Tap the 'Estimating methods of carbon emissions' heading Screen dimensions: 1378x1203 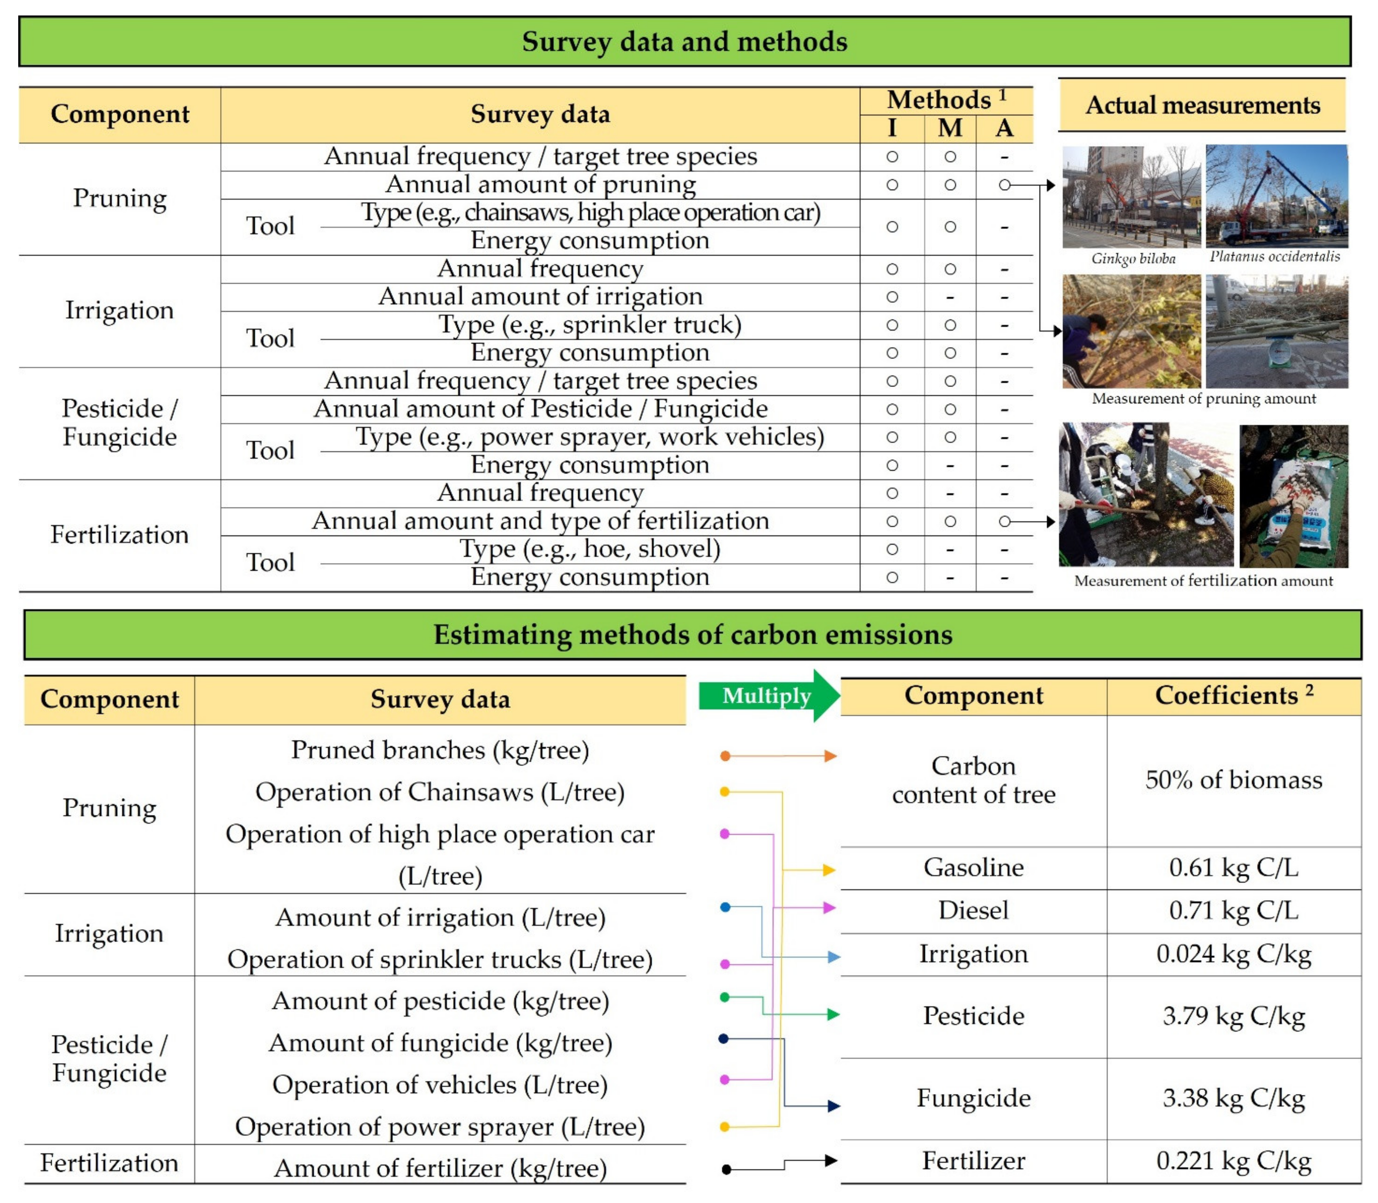point(692,634)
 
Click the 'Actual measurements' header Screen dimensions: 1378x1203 point(1202,106)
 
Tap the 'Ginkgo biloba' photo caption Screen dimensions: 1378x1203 point(1133,258)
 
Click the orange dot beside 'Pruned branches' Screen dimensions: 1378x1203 point(725,756)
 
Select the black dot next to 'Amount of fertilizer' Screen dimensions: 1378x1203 point(726,1169)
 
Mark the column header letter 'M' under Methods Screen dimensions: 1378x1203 point(950,128)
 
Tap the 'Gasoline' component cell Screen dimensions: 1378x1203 point(973,867)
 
